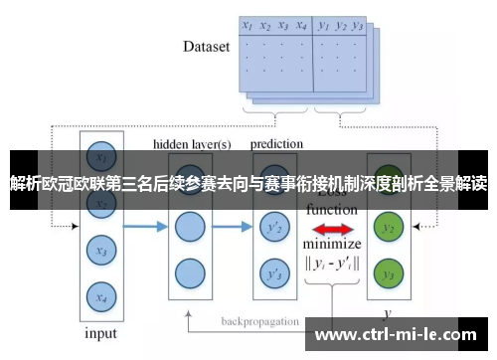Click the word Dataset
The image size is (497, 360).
207,47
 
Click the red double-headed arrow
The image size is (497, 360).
332,228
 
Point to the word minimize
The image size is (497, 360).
332,245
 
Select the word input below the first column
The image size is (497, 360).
100,333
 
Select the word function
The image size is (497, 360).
331,210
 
